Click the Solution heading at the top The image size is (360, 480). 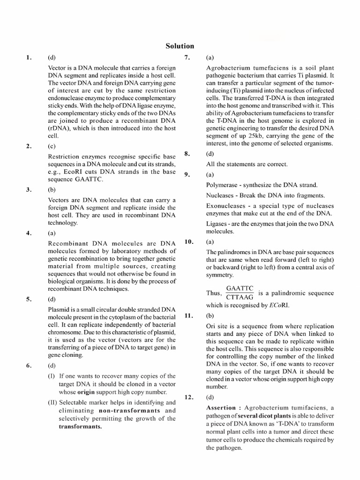pos(180,46)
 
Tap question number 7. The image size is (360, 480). pos(187,58)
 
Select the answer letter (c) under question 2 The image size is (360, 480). pos(52,146)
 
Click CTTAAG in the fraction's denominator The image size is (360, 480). pos(240,297)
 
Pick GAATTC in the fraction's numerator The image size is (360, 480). pos(240,289)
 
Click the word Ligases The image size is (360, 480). pos(217,224)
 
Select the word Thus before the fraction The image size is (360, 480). pos(213,293)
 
